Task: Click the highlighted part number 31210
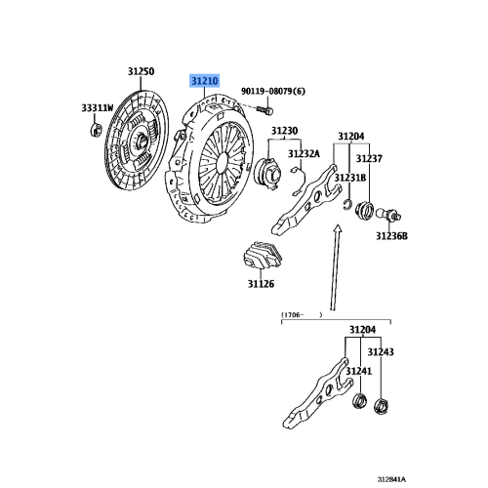205,81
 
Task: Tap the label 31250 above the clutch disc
141,71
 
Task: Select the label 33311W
98,107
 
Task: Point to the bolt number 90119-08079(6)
273,92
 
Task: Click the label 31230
284,131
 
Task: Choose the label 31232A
304,153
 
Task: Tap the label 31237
369,158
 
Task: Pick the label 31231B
350,178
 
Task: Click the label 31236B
391,236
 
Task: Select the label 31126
261,284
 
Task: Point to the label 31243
381,351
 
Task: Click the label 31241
358,371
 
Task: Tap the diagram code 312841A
391,479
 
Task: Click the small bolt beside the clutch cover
265,110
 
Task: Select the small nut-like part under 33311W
96,131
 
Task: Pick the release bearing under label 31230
268,172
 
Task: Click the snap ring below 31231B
347,205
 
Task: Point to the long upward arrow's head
338,228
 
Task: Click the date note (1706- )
302,314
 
